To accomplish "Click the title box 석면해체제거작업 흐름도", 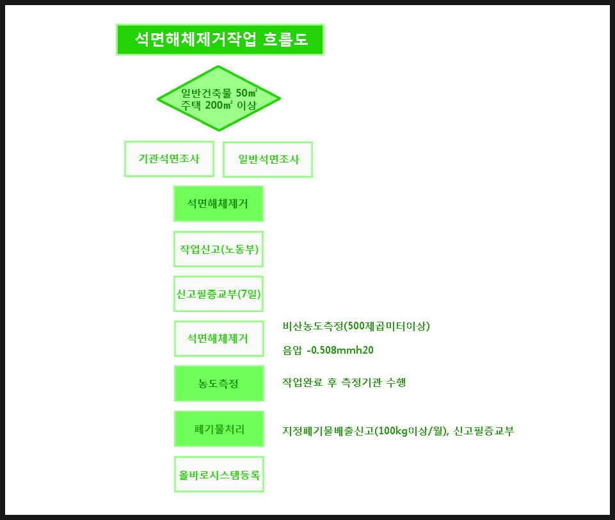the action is [x=220, y=40].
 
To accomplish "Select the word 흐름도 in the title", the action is [x=285, y=39].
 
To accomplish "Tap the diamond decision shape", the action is [x=219, y=98].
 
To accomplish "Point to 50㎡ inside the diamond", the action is [x=246, y=93].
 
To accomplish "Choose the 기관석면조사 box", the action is [x=169, y=159].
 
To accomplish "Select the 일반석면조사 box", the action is [x=268, y=159].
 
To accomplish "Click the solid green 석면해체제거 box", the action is [x=218, y=204].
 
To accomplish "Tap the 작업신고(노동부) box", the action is [x=218, y=249].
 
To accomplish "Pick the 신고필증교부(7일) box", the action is [x=218, y=294].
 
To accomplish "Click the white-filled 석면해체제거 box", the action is [x=219, y=338].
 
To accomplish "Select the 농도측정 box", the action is [x=219, y=384].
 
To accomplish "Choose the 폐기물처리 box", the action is [x=219, y=429].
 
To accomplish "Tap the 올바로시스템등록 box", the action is [x=219, y=475].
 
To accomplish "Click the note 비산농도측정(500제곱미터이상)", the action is [x=356, y=326].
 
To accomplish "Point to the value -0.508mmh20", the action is [x=340, y=350].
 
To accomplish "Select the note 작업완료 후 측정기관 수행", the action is [x=344, y=382].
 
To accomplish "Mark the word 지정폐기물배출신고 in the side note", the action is [x=328, y=431].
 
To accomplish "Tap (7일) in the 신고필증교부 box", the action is [x=249, y=294].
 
